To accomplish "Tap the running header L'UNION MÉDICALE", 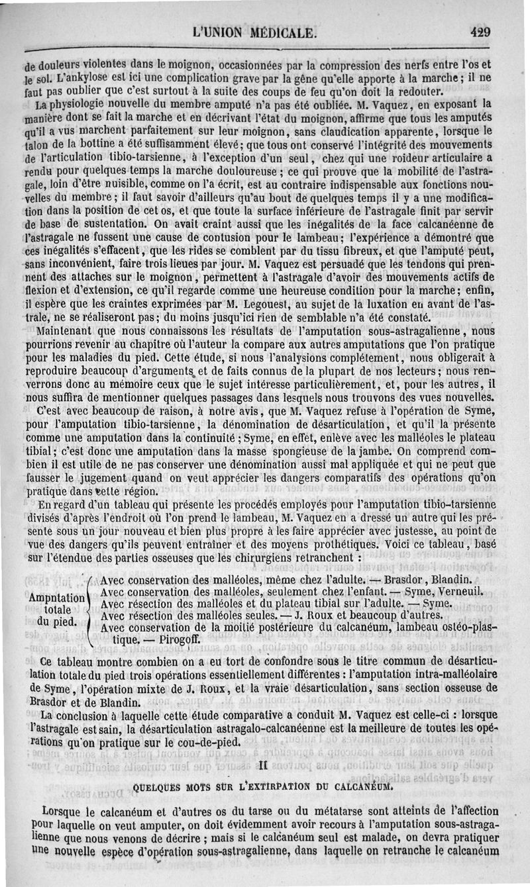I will pos(254,32).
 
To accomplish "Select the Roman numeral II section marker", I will pos(263,765).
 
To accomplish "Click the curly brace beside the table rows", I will pos(90,609).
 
